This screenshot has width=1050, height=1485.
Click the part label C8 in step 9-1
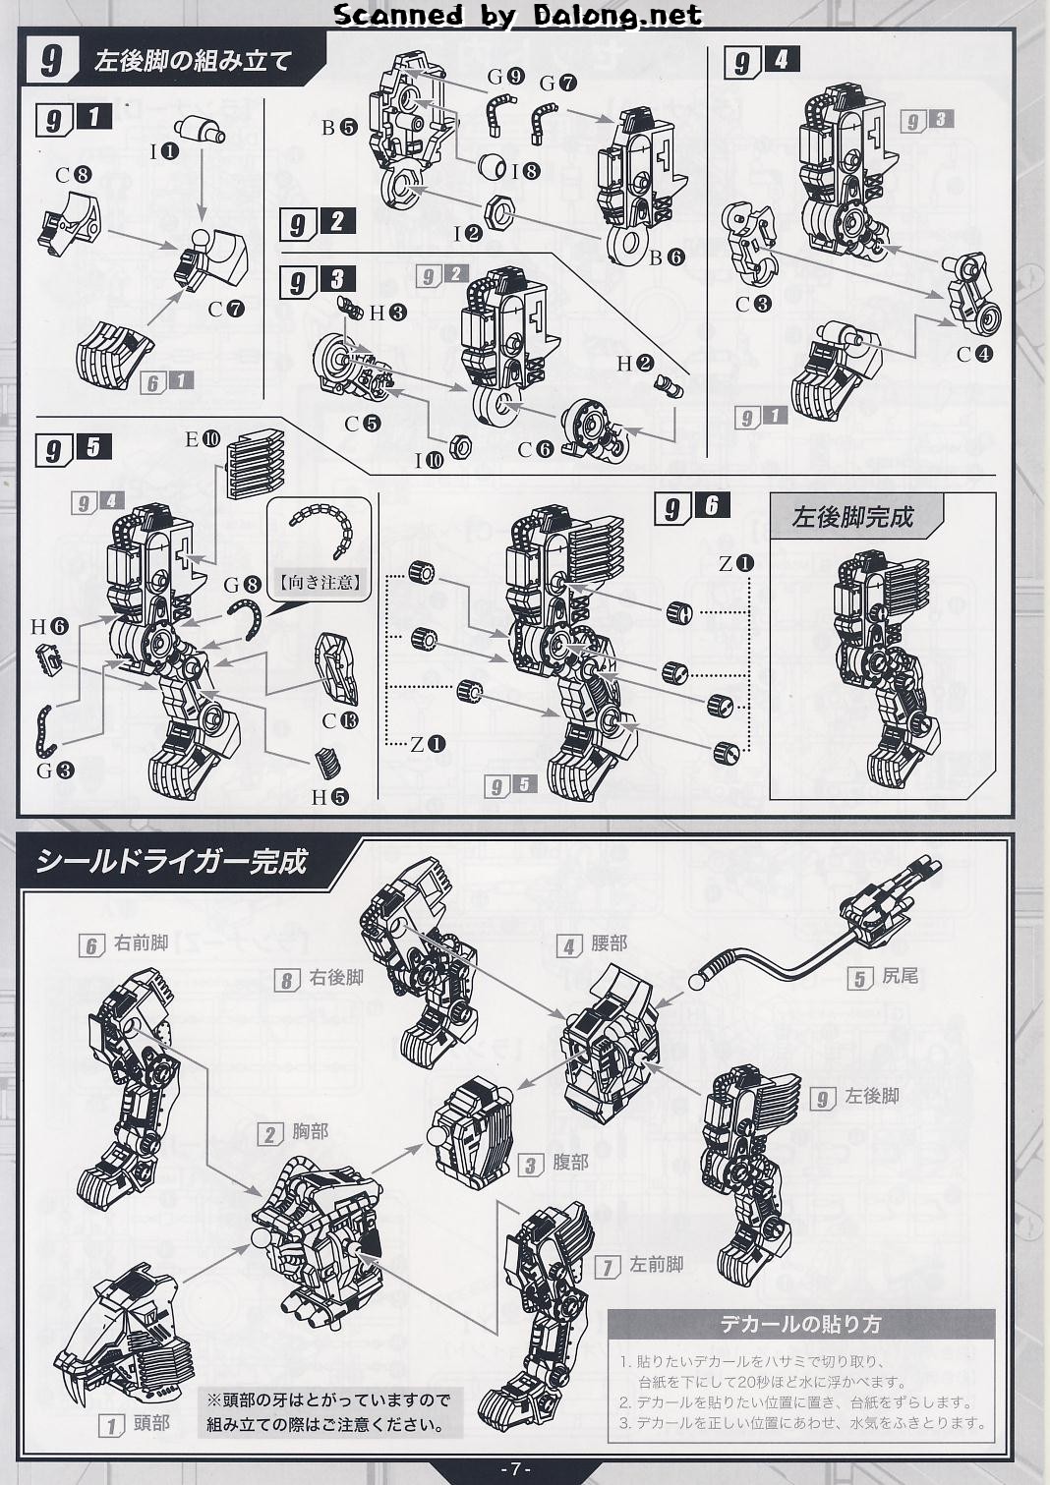point(74,175)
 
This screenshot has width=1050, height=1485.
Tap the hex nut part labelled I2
point(500,211)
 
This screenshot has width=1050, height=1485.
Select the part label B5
point(339,127)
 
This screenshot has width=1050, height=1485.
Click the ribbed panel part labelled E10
point(256,464)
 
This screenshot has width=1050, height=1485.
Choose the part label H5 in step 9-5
point(329,797)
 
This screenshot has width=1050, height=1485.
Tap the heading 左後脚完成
point(853,517)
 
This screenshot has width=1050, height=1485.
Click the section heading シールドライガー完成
point(171,862)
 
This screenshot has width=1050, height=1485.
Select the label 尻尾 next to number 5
point(901,976)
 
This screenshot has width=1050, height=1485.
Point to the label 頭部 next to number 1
point(151,1423)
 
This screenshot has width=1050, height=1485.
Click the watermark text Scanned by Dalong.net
point(517,15)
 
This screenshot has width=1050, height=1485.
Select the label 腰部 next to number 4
point(609,943)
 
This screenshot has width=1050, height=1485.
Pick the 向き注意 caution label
point(320,583)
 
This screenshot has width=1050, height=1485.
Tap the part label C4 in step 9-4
point(974,355)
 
